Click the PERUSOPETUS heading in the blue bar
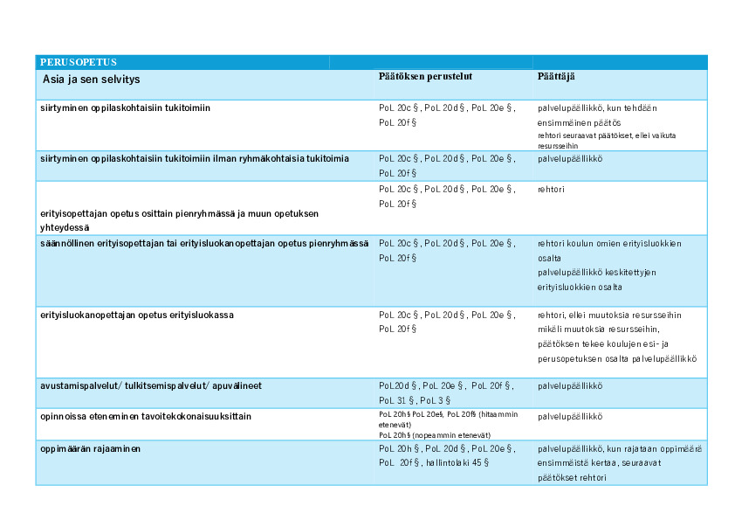(x=79, y=62)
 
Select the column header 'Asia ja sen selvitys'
(x=91, y=80)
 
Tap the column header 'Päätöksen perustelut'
(x=426, y=77)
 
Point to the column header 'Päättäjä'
(x=556, y=77)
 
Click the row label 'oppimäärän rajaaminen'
(x=91, y=448)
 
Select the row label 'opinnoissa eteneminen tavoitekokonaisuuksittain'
(x=146, y=416)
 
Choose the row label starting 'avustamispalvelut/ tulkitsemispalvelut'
(x=151, y=385)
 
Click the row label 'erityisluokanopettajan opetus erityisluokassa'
(x=136, y=315)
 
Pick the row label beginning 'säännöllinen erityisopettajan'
(x=204, y=243)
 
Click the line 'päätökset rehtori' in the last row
(x=572, y=477)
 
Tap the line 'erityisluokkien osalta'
(x=580, y=287)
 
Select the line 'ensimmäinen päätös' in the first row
(x=579, y=123)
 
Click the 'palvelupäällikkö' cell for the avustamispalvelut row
(x=570, y=385)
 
